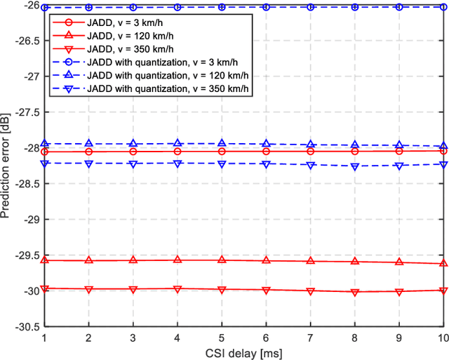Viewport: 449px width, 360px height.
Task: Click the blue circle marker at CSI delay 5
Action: click(222, 7)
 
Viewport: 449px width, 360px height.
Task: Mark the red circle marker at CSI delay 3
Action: click(133, 152)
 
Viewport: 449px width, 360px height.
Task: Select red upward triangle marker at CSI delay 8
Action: click(355, 261)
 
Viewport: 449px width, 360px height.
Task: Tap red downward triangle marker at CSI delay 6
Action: click(266, 290)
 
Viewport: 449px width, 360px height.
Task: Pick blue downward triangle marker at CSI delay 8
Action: click(355, 166)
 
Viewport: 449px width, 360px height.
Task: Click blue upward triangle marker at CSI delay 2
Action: click(88, 144)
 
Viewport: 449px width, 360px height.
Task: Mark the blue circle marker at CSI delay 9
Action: click(399, 7)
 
